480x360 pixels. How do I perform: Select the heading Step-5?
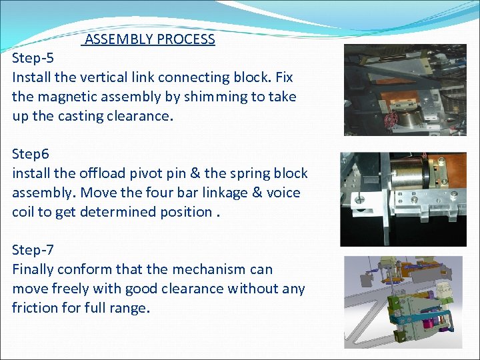33,58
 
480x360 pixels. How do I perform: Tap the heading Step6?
31,154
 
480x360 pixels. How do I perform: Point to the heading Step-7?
33,250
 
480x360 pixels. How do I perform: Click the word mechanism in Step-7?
213,269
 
